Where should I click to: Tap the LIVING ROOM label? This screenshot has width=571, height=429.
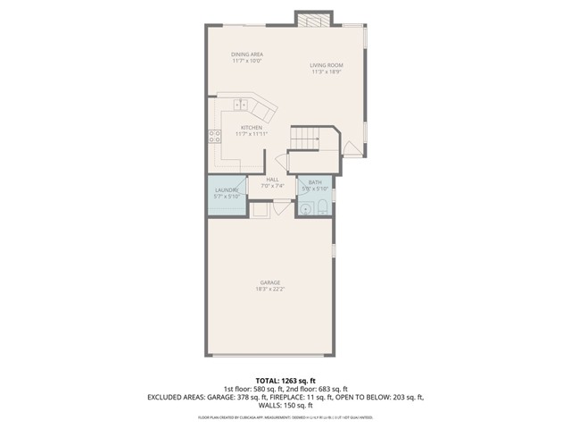click(x=327, y=65)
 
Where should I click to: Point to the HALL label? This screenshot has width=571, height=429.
click(x=272, y=180)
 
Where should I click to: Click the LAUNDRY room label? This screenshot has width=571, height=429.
click(x=225, y=190)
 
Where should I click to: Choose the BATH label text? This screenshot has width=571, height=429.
click(x=315, y=182)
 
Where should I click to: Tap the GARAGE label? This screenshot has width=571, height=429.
click(x=271, y=282)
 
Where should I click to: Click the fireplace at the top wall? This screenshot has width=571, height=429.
click(x=314, y=21)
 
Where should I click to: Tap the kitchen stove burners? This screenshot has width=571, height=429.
click(x=214, y=136)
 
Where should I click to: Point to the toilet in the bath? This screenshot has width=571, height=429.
click(x=322, y=209)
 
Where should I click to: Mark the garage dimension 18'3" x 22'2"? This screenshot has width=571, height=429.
click(x=271, y=290)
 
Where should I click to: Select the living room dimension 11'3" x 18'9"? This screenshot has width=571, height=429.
click(x=327, y=72)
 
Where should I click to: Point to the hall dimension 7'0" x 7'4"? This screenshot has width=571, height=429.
click(x=272, y=186)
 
